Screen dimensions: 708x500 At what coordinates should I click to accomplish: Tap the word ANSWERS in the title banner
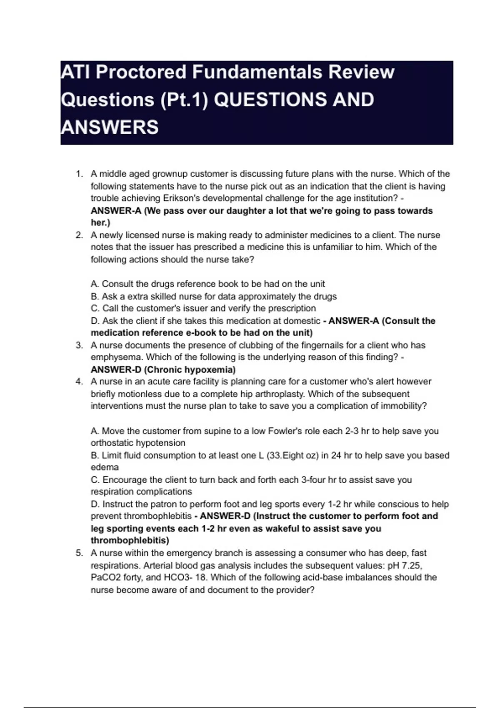point(110,127)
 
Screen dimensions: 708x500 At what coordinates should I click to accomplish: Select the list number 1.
point(79,174)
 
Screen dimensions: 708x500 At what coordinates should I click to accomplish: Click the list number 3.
point(79,345)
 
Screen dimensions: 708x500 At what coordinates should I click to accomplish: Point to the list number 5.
point(79,553)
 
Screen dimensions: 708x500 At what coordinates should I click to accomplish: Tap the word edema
point(105,467)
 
